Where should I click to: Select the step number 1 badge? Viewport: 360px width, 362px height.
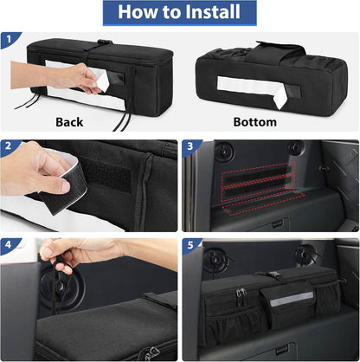click(x=9, y=39)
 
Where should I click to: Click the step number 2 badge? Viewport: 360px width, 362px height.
click(x=9, y=147)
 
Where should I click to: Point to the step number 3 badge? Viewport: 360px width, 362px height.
click(x=191, y=147)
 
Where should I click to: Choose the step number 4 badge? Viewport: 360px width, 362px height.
click(x=9, y=245)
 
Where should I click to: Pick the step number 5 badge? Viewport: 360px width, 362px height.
click(x=191, y=245)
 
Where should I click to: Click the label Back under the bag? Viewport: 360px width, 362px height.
click(x=69, y=122)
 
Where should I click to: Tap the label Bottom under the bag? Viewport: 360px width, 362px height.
click(x=255, y=122)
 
